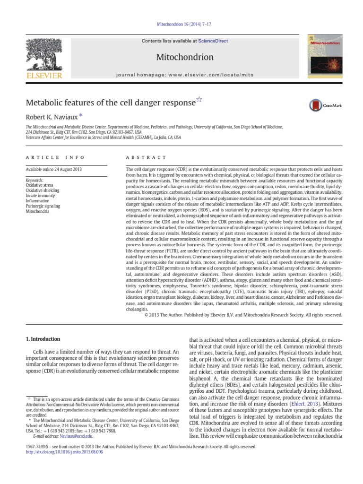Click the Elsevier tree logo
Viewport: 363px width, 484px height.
click(43, 58)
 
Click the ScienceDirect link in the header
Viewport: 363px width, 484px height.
click(213, 41)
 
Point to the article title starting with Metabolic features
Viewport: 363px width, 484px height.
click(110, 103)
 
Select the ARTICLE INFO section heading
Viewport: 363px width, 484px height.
click(55, 157)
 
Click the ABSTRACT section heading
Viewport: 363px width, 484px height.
click(146, 157)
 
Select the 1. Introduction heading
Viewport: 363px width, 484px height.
click(43, 339)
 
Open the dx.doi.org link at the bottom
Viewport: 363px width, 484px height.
click(64, 452)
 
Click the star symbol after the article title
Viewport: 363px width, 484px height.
click(199, 100)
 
